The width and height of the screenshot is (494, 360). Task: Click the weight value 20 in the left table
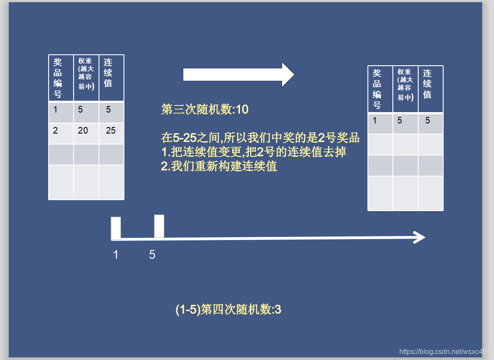[x=83, y=131]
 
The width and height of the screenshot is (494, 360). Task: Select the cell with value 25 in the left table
[x=111, y=131]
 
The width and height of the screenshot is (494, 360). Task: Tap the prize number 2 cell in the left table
[x=56, y=131]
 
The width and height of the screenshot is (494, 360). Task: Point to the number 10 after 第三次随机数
[x=242, y=109]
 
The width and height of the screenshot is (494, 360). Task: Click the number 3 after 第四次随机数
[x=278, y=310]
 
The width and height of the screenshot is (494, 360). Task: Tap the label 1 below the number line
[x=116, y=254]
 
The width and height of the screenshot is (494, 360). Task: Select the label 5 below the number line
[x=152, y=254]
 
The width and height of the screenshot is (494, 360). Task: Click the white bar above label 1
[x=116, y=228]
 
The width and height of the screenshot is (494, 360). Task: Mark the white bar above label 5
[x=159, y=226]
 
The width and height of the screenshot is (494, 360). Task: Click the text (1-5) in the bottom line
[x=187, y=310]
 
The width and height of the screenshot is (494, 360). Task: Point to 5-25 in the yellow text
[x=184, y=138]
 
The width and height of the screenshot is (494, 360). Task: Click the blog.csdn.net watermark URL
[x=444, y=352]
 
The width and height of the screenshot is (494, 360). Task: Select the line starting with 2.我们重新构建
[x=219, y=167]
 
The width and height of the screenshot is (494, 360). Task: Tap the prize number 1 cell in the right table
[x=375, y=120]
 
